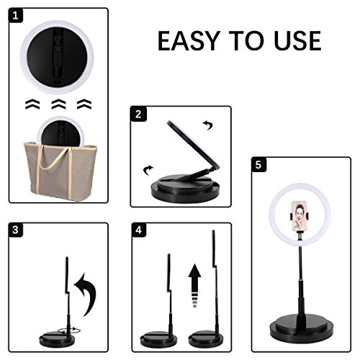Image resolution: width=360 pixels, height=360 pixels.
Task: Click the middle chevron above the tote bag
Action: click(58, 104)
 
